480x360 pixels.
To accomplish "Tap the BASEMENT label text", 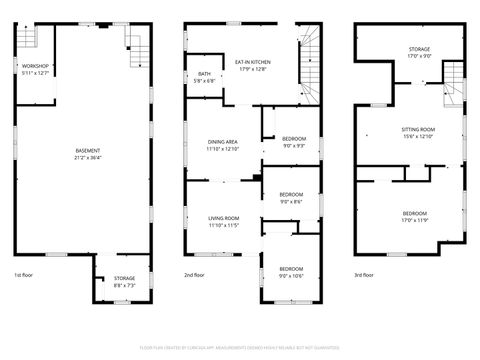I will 87,150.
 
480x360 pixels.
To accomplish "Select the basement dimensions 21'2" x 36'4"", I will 87,157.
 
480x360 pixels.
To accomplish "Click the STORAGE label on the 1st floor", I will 124,278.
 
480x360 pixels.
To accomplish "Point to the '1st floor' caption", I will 24,274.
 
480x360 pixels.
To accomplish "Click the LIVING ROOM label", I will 223,218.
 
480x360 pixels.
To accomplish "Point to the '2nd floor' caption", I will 194,274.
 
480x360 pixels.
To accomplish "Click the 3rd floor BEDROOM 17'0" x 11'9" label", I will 415,215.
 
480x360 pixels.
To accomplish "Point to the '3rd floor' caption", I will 364,274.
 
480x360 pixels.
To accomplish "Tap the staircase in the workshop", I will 28,38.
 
